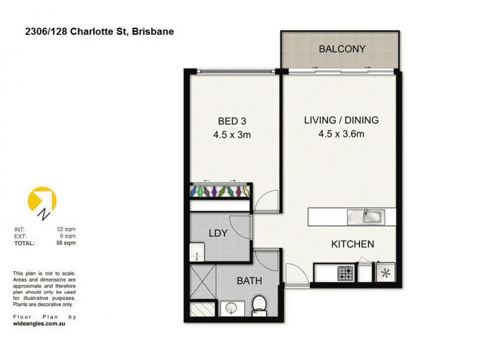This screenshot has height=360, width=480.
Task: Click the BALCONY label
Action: [x=342, y=49]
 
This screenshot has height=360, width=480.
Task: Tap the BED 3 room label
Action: [x=231, y=120]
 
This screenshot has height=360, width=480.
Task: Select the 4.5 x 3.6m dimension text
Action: [x=341, y=134]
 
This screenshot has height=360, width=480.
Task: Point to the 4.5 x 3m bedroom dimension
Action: [x=232, y=135]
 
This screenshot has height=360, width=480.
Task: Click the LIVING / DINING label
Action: [x=341, y=120]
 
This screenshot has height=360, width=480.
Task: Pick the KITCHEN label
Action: [x=353, y=244]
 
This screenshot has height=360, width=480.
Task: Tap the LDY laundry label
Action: [x=218, y=233]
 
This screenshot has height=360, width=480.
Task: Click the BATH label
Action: [x=249, y=280]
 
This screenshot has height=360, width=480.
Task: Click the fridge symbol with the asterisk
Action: [x=384, y=274]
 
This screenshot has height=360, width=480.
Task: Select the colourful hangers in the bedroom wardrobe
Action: [x=221, y=192]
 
